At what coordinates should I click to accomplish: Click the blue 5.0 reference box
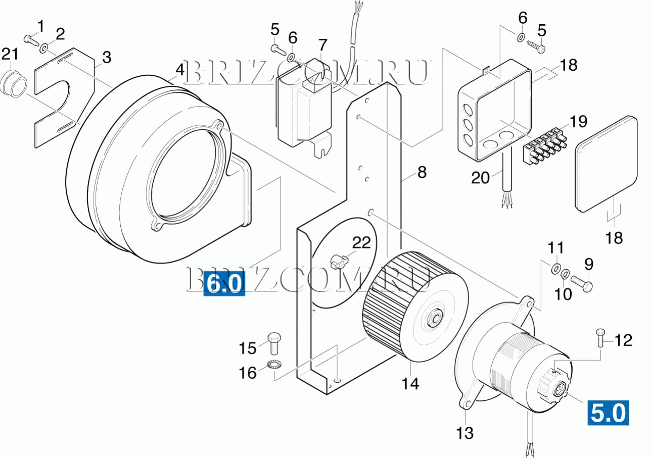tap(608, 413)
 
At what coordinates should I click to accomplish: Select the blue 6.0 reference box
tap(224, 283)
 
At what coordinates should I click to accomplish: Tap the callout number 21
tap(10, 54)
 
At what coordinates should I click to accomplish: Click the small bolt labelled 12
tap(600, 338)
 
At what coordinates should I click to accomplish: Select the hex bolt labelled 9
tap(582, 283)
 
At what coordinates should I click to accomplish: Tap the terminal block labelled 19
tap(545, 145)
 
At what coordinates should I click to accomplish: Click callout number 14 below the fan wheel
tap(410, 384)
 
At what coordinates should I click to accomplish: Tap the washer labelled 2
tap(44, 47)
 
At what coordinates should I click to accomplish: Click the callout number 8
tap(422, 172)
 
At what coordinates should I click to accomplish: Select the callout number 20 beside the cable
tap(480, 177)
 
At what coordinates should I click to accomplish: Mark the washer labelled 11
tap(556, 268)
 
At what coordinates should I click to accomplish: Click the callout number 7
tap(322, 45)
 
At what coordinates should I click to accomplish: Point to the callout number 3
tap(107, 57)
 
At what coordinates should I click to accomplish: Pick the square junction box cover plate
tap(606, 164)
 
